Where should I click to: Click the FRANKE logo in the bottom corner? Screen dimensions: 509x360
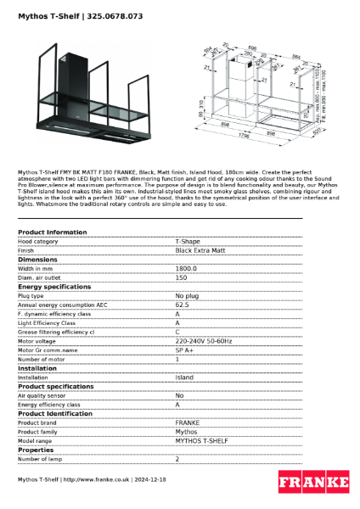pos(313,482)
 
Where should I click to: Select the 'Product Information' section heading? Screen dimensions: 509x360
pos(52,232)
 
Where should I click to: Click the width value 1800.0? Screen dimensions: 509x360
pos(186,269)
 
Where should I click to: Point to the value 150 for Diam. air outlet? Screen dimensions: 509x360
pos(181,278)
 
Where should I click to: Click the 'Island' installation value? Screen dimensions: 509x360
pos(184,378)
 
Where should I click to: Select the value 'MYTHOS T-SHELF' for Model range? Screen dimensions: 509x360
pos(200,441)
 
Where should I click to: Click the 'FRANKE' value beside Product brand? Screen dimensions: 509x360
pos(187,422)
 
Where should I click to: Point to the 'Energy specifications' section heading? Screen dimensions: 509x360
pos(54,287)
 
